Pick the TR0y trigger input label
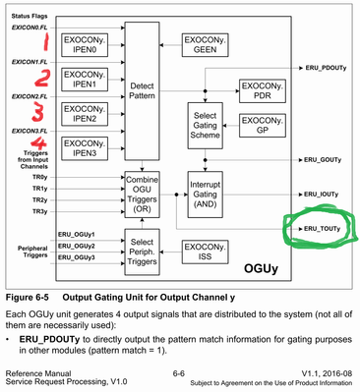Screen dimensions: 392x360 (38, 175)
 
